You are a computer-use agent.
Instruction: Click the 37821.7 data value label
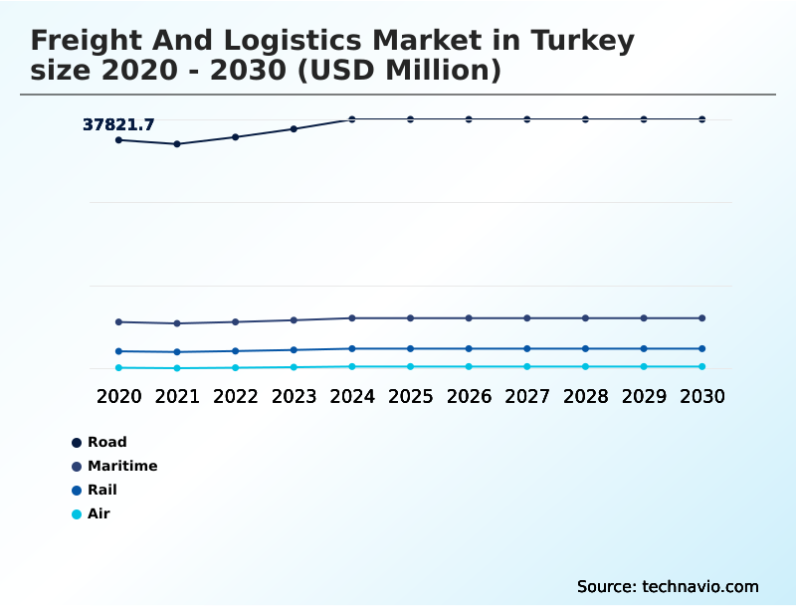118,124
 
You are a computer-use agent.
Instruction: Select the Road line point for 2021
177,144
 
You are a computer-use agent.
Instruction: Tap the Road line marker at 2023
294,128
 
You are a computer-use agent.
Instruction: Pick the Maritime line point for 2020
118,322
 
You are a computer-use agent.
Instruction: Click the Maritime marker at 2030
702,318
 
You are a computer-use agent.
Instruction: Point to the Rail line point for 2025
410,348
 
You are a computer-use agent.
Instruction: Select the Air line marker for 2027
527,367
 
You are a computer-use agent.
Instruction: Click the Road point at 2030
702,119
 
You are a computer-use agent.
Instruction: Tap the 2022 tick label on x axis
236,396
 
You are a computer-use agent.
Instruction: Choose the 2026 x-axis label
469,396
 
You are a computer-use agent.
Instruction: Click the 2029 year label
644,396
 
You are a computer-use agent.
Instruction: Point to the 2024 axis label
352,396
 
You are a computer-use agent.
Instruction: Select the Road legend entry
106,442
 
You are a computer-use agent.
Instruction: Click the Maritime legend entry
121,466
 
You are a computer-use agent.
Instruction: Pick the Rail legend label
101,490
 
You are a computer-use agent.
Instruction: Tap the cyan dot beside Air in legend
77,514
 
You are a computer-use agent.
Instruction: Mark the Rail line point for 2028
585,348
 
